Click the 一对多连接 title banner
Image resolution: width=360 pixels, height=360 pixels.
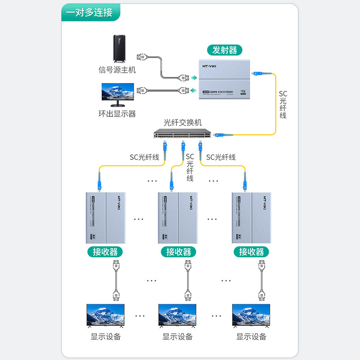coord(90,12)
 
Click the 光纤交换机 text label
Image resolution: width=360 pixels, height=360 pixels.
coord(183,122)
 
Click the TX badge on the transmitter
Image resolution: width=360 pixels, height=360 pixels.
coord(243,92)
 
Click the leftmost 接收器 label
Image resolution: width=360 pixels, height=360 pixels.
coord(105,252)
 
